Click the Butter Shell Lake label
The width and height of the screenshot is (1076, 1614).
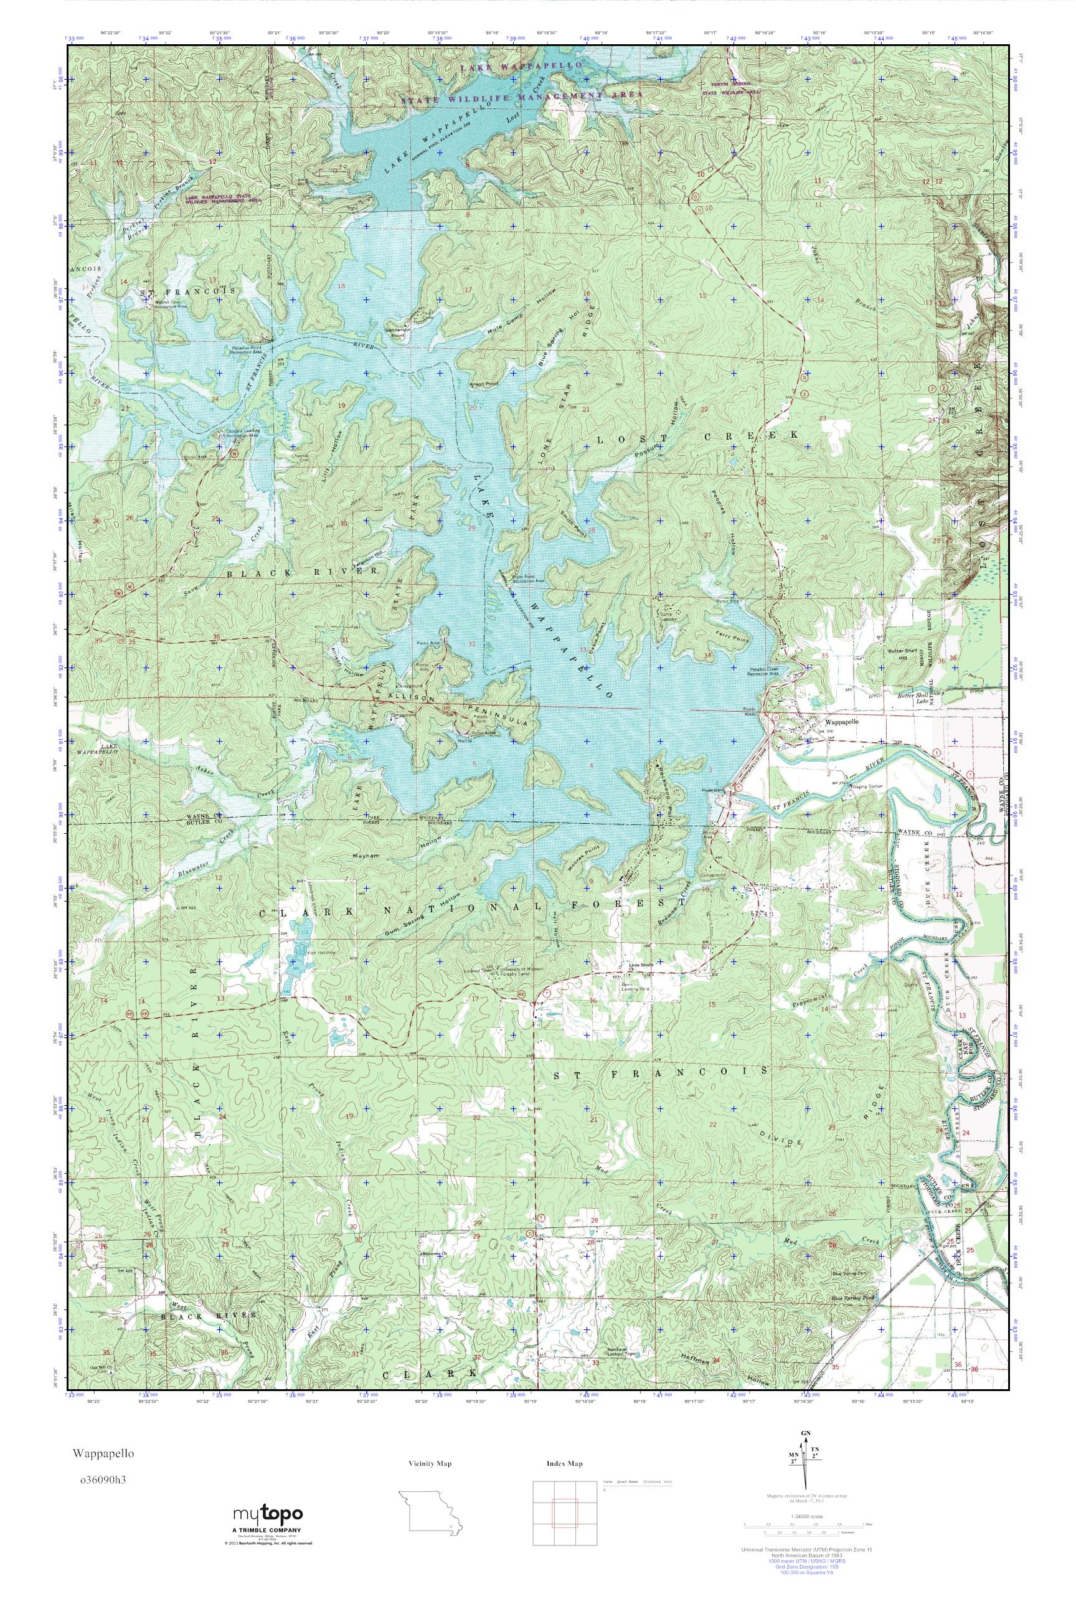(x=923, y=698)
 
